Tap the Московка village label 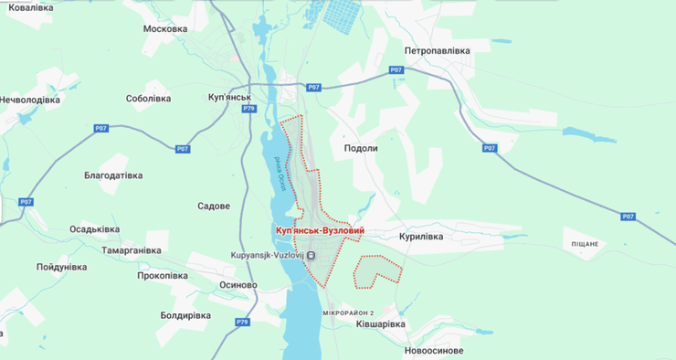(165, 28)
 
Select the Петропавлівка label (437, 51)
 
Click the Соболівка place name (148, 98)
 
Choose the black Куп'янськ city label (229, 96)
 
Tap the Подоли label (360, 149)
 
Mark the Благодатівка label (113, 175)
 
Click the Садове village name (213, 206)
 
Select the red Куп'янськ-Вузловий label (320, 231)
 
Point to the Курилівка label (420, 237)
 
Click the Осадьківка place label (95, 229)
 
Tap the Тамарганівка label (132, 249)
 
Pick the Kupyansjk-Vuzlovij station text (270, 255)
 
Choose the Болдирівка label (185, 315)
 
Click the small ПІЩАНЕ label (585, 244)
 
